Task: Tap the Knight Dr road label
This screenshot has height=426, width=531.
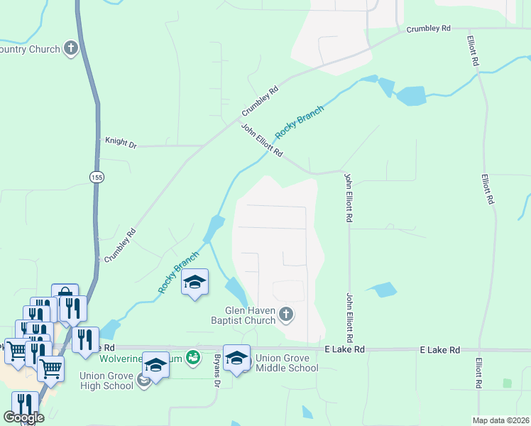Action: (x=120, y=143)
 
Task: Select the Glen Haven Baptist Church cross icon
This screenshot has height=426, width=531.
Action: (x=286, y=314)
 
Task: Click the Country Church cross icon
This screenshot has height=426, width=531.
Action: (x=71, y=48)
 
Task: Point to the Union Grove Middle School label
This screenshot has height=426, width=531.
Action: (x=287, y=363)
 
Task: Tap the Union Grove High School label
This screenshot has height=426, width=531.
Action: (x=106, y=381)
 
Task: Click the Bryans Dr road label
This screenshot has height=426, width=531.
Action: (x=217, y=371)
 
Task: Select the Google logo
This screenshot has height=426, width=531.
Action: (x=23, y=417)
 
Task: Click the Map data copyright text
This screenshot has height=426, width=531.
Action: (x=500, y=420)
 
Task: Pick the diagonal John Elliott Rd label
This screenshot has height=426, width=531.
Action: (x=262, y=141)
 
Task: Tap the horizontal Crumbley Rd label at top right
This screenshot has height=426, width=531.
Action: (x=428, y=29)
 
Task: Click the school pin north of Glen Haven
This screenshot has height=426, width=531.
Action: (x=195, y=283)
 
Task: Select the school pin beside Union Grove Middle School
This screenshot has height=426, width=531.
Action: (x=236, y=358)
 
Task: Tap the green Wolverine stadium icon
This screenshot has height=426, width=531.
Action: (x=192, y=357)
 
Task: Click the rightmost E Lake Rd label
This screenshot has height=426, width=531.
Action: (x=440, y=350)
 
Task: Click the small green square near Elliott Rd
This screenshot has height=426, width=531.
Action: (x=507, y=383)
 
